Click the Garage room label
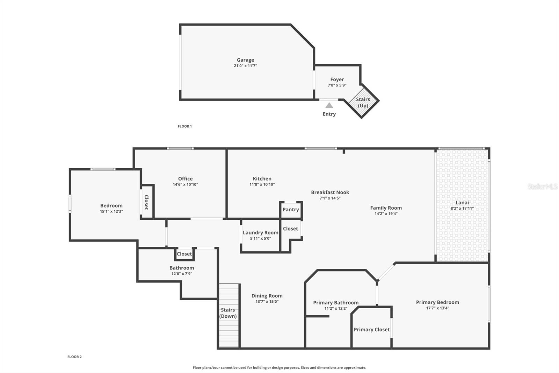coord(245,60)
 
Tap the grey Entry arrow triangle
coord(329,105)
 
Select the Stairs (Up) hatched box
coord(363,102)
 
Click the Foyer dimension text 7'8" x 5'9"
coord(337,85)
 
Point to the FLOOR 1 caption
coord(184,126)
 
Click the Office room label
coord(185,178)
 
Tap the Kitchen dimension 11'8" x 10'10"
coord(262,184)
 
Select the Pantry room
coord(291,209)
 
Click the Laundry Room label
coord(260,232)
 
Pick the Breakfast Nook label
coord(330,192)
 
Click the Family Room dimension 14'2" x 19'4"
coord(386,214)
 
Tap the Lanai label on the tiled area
coord(462,202)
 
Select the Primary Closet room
coord(371,329)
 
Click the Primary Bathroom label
coord(335,302)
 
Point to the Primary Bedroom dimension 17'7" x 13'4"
coord(437,308)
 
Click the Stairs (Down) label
coord(228,313)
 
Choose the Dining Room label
coord(267,296)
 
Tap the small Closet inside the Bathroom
coord(184,254)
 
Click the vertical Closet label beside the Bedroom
coord(146,202)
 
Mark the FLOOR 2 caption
coord(74,357)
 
